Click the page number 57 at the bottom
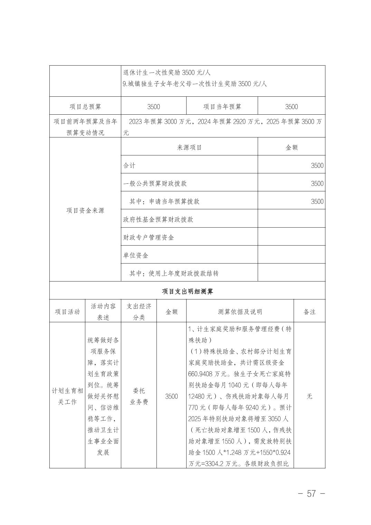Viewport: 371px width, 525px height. [311, 493]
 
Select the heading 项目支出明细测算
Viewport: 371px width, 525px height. [188, 291]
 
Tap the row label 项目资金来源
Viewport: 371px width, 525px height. [85, 210]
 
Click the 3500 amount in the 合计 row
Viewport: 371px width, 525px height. [317, 165]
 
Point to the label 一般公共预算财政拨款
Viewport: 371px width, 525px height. [155, 183]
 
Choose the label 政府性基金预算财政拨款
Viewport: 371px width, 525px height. [158, 219]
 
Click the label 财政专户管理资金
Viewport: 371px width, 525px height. [149, 237]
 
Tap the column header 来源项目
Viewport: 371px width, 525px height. [189, 147]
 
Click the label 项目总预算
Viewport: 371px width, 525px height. [85, 107]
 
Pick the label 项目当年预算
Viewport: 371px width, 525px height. [222, 107]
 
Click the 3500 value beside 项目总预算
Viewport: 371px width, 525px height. [153, 107]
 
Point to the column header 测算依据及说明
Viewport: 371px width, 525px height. [240, 312]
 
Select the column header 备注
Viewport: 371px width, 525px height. [309, 312]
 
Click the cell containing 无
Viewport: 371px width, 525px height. [309, 396]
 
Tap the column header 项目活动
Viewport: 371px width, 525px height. [67, 312]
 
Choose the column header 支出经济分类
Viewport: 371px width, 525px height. [139, 312]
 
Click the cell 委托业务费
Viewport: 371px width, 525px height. [139, 396]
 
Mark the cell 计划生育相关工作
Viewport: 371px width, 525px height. [67, 396]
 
